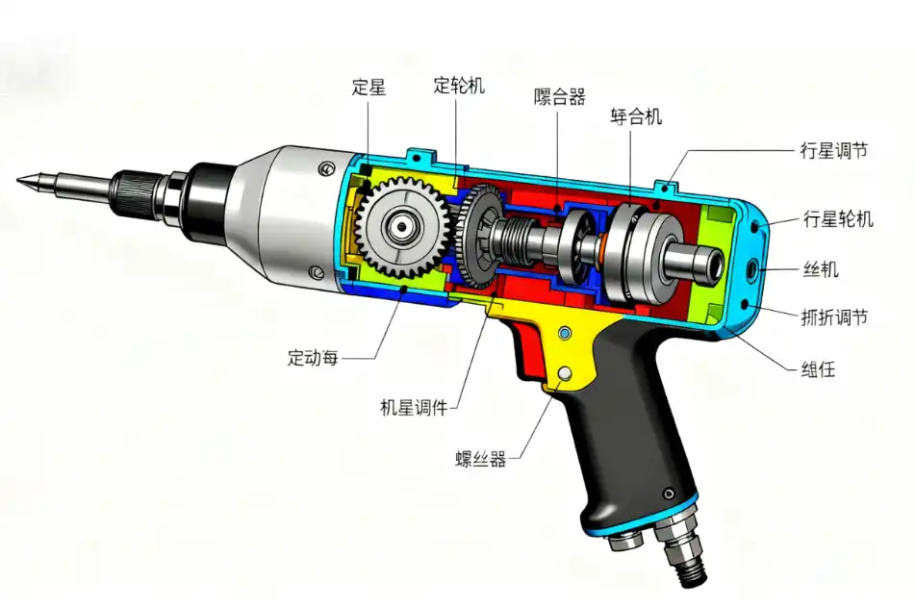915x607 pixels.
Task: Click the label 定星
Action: click(x=369, y=88)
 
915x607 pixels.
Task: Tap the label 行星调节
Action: click(x=833, y=151)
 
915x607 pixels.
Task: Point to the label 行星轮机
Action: click(x=837, y=219)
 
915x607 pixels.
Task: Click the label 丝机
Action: click(x=820, y=269)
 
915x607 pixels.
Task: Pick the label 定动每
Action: click(x=314, y=358)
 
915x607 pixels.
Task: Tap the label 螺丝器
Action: click(x=480, y=459)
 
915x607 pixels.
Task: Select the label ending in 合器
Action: click(x=560, y=96)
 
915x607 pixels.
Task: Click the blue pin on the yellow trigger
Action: click(x=565, y=333)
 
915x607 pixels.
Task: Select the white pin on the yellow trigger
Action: click(x=566, y=372)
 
